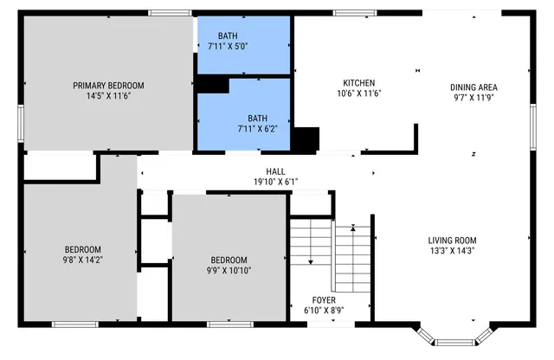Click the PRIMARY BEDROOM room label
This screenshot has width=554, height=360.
point(108,86)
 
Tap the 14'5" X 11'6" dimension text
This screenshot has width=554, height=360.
point(108,96)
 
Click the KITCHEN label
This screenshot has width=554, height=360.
point(358,82)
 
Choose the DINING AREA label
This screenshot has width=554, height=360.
point(473,87)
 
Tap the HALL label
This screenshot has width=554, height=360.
point(275,171)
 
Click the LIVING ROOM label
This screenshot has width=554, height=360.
point(452,241)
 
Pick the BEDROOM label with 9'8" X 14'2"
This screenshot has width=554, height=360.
point(83,249)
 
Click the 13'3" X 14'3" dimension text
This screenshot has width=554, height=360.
point(452,251)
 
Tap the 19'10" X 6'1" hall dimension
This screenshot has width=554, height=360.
point(275,182)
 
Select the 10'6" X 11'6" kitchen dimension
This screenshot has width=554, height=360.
point(358,93)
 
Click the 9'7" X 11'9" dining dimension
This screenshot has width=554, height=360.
point(473,98)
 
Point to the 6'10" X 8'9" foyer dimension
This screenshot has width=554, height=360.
point(325,310)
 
